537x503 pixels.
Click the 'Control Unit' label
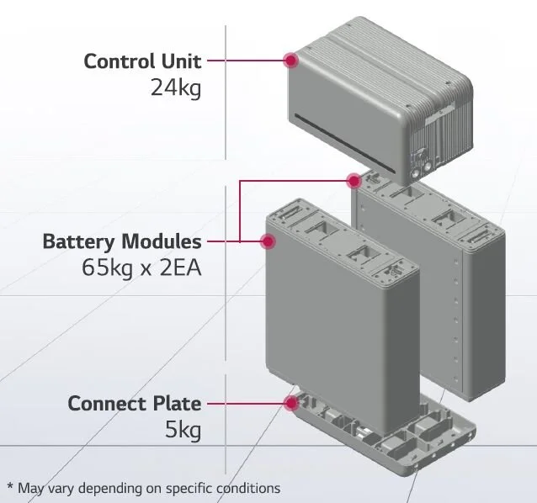coord(143,61)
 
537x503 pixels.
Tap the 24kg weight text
coord(176,87)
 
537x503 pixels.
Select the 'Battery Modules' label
coord(122,242)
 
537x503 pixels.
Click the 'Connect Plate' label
coord(135,403)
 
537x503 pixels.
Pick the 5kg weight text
coord(183,431)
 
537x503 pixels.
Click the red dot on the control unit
coord(291,60)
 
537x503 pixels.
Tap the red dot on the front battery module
coord(268,242)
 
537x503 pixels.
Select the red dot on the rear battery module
coord(354,180)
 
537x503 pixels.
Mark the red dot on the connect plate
coord(291,403)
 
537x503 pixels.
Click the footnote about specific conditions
coord(143,488)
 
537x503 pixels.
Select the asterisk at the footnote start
coord(10,486)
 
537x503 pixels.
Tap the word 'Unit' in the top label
coord(180,61)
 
